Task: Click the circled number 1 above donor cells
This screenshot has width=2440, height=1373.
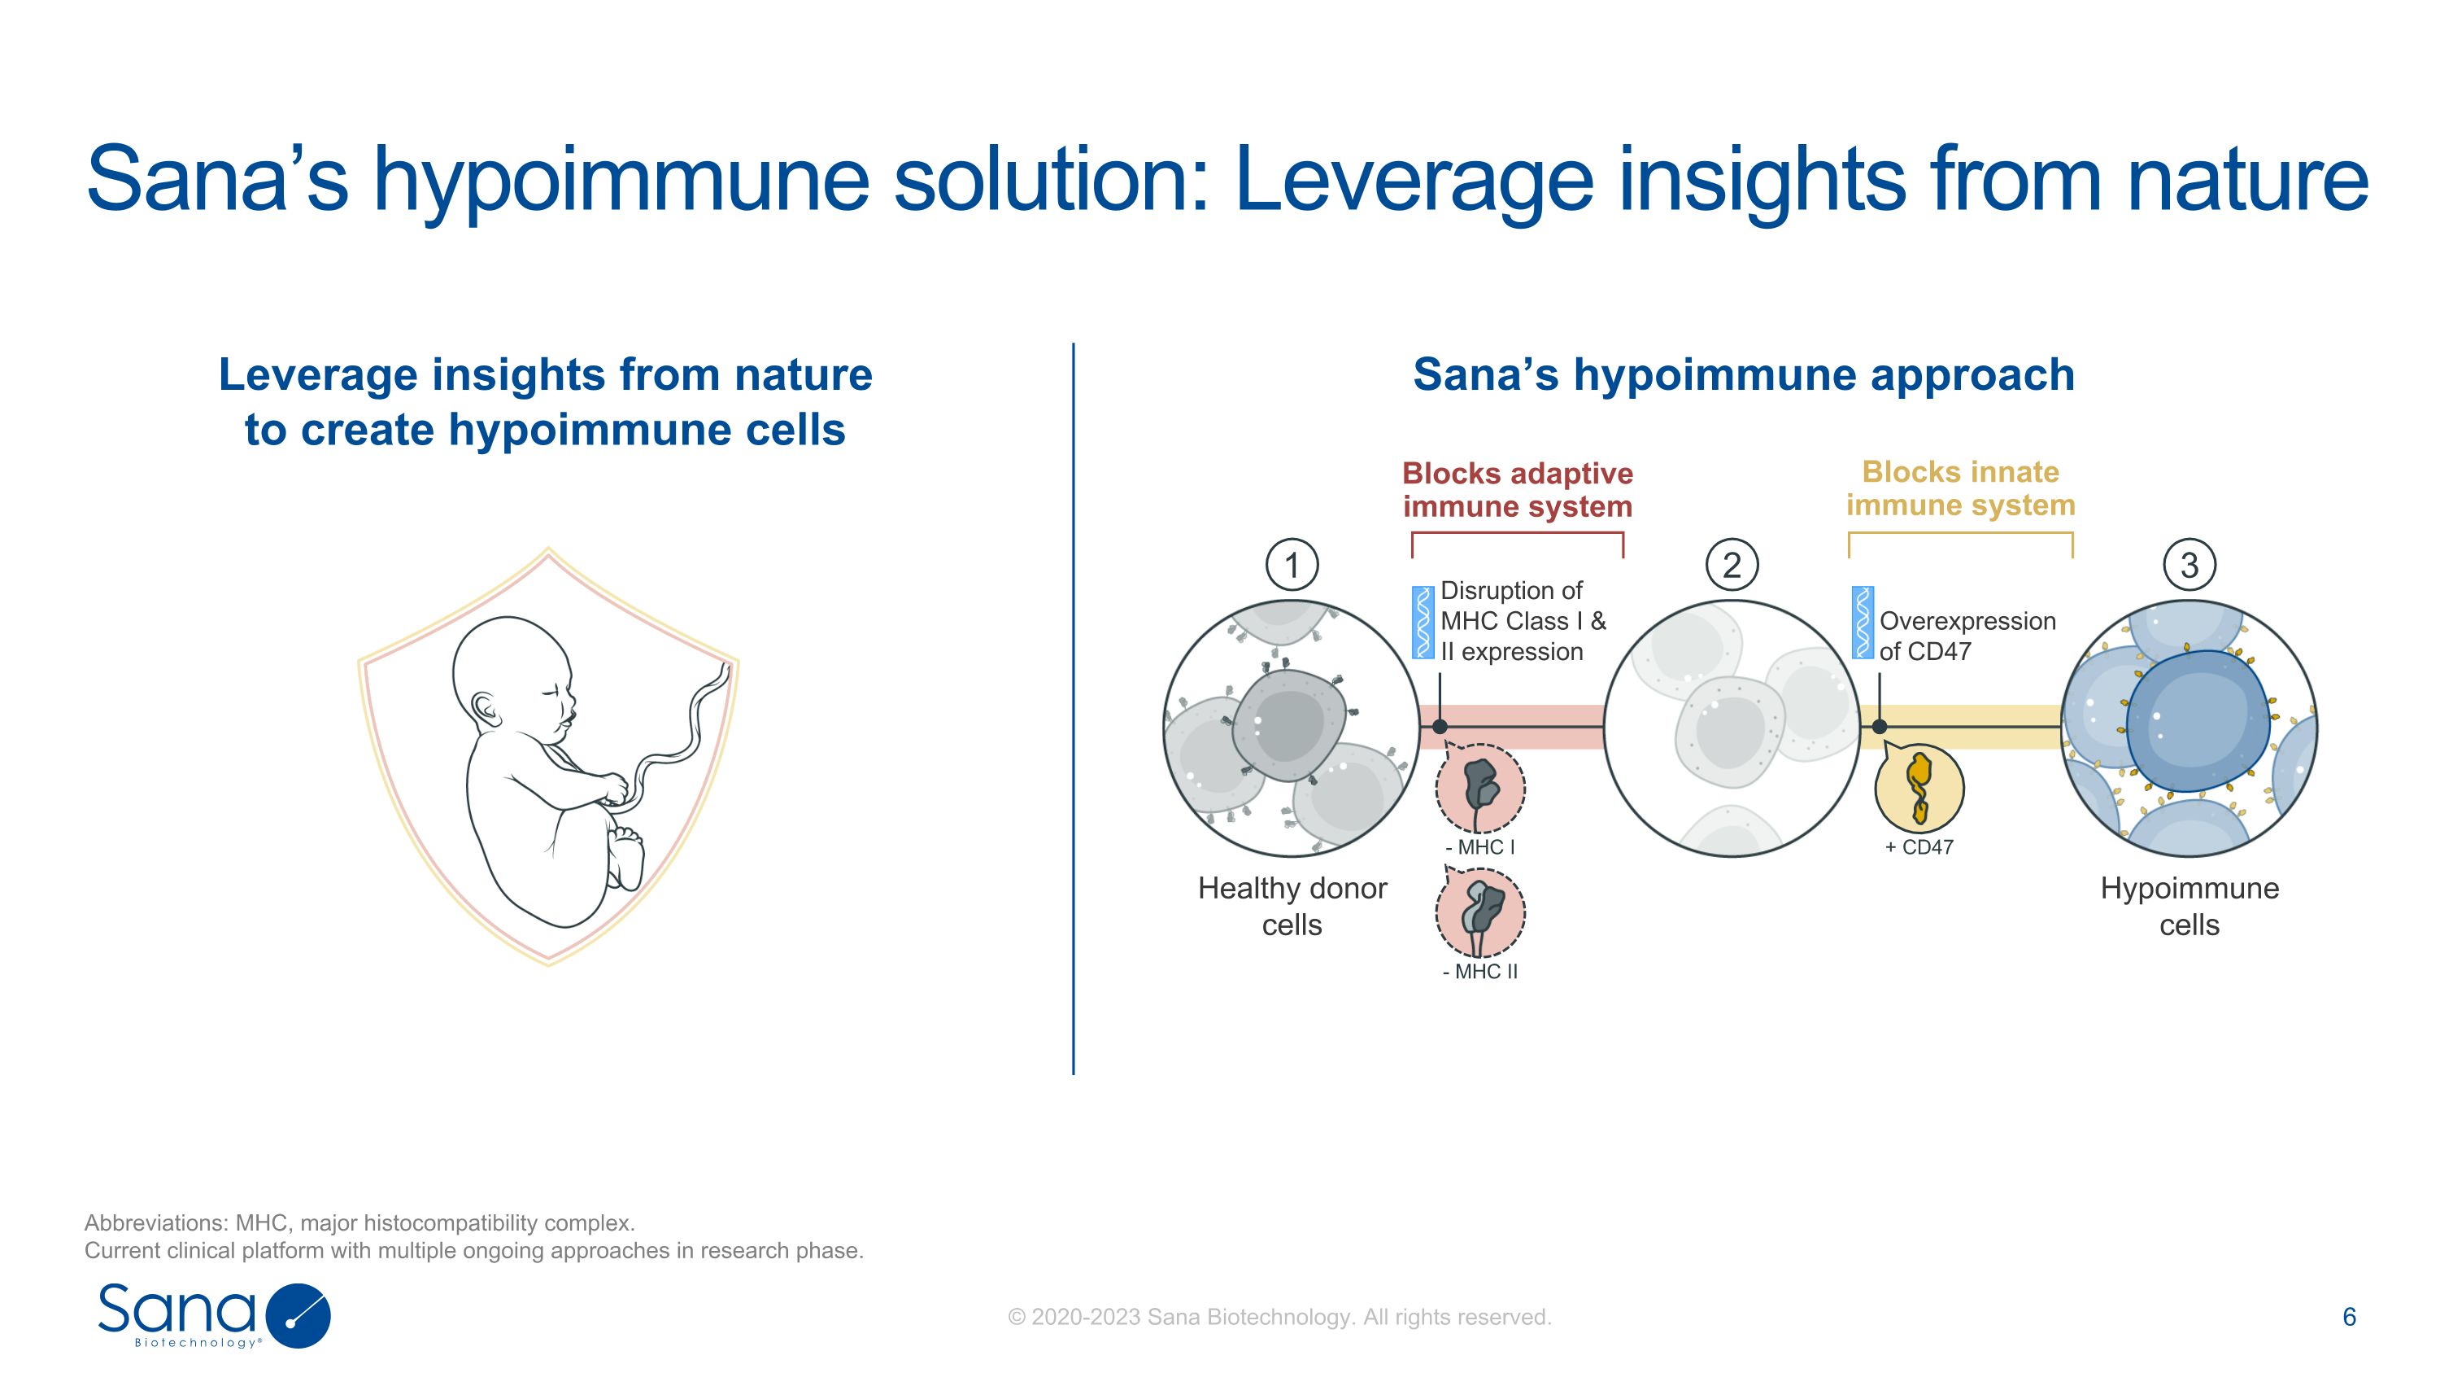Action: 1292,565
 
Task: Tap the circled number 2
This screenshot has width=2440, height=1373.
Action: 1732,565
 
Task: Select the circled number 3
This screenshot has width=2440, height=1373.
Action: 2189,565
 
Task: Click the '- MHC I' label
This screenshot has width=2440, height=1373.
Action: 1479,847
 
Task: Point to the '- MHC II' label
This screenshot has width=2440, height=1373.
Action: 1479,971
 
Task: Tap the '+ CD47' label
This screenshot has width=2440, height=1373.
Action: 1919,847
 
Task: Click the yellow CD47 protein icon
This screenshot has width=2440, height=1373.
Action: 1919,787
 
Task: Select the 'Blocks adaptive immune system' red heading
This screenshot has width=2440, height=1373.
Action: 1518,489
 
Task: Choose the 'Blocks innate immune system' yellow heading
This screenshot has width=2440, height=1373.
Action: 1961,488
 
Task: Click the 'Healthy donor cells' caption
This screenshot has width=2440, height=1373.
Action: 1292,906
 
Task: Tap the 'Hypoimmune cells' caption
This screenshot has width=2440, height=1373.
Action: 2189,906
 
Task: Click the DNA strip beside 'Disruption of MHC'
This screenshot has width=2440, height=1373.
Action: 1423,622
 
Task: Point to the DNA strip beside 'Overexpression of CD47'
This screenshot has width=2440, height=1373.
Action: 1863,622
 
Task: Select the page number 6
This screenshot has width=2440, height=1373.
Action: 2349,1317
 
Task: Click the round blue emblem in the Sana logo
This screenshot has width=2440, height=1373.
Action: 298,1316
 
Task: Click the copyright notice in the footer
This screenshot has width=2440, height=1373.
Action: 1279,1317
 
